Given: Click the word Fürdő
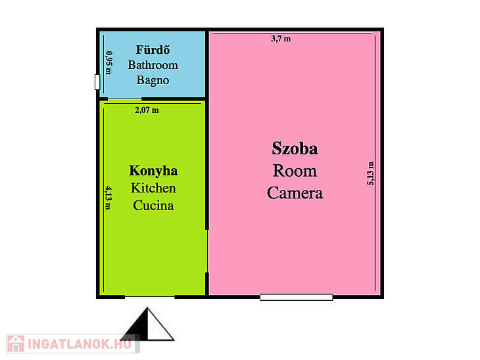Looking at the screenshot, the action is [x=153, y=50].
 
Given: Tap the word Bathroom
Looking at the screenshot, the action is [x=153, y=65].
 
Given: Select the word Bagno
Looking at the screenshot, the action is [x=153, y=80].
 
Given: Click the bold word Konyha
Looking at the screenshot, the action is [x=153, y=171].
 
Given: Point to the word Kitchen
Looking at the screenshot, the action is [x=153, y=188].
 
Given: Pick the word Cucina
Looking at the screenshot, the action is [x=153, y=205].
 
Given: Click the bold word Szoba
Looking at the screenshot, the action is [x=295, y=148].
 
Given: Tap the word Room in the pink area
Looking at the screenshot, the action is [x=295, y=171].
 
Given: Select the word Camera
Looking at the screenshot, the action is [x=295, y=193].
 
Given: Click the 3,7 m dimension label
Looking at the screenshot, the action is [x=281, y=39].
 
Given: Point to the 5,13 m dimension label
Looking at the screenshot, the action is [x=370, y=173].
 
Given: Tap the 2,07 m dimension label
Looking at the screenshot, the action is [x=147, y=110].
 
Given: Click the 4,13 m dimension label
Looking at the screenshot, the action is [x=108, y=198].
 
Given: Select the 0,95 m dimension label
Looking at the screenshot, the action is [x=108, y=62].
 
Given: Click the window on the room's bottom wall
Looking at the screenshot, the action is [x=297, y=297].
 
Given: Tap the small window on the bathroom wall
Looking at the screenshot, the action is [x=97, y=82].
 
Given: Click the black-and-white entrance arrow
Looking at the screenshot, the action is [x=147, y=325].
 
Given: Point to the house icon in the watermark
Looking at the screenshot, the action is [x=16, y=344].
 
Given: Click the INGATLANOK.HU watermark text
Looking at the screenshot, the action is [x=80, y=344].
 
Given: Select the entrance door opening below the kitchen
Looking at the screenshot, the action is [x=150, y=297].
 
